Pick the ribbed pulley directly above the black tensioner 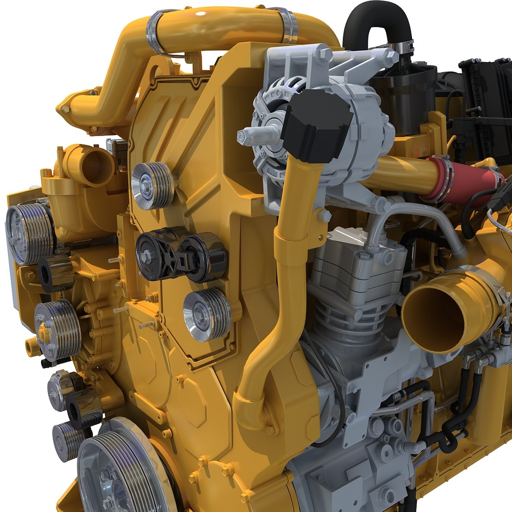[152, 186]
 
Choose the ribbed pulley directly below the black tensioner [207, 315]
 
